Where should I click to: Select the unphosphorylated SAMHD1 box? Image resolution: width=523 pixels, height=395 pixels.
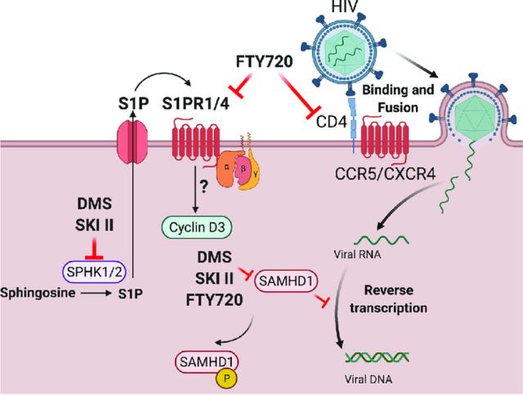coord(287,281)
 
